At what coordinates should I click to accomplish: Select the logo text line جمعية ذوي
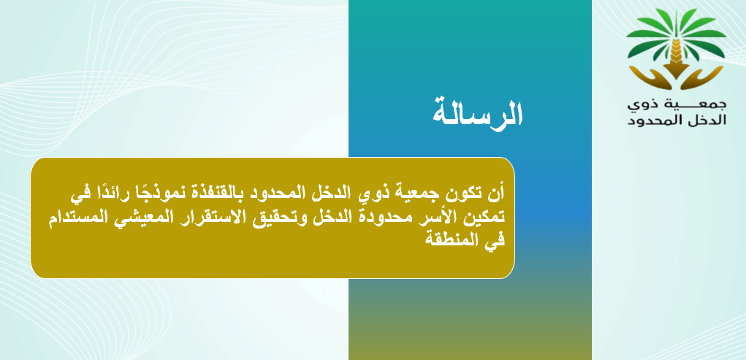[x=677, y=104]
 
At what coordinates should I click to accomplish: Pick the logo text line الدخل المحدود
[x=677, y=120]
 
